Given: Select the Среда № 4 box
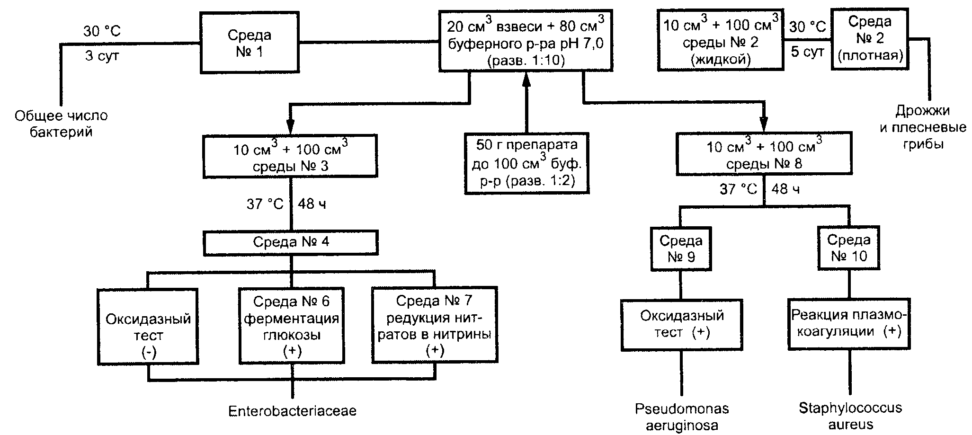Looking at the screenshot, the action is click(x=291, y=242).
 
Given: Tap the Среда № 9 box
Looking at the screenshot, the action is click(x=681, y=249).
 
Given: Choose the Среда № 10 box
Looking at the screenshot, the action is click(x=849, y=248).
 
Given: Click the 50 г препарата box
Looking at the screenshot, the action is click(x=527, y=163).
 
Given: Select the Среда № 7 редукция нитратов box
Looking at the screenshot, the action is click(x=435, y=325).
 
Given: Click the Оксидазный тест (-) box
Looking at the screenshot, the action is click(x=148, y=327).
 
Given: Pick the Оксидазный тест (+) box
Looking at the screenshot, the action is click(x=682, y=324).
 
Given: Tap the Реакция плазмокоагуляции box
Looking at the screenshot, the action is click(x=849, y=324).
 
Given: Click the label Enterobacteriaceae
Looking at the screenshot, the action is click(x=292, y=411).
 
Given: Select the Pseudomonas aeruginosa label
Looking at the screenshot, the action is click(x=682, y=417).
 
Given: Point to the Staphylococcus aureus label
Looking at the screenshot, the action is click(x=850, y=416).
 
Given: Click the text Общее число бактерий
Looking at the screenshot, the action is click(x=61, y=124).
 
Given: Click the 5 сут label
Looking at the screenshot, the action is click(x=808, y=52).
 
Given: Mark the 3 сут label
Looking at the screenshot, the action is click(x=102, y=56).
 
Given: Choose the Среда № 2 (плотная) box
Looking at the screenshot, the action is click(x=870, y=39).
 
